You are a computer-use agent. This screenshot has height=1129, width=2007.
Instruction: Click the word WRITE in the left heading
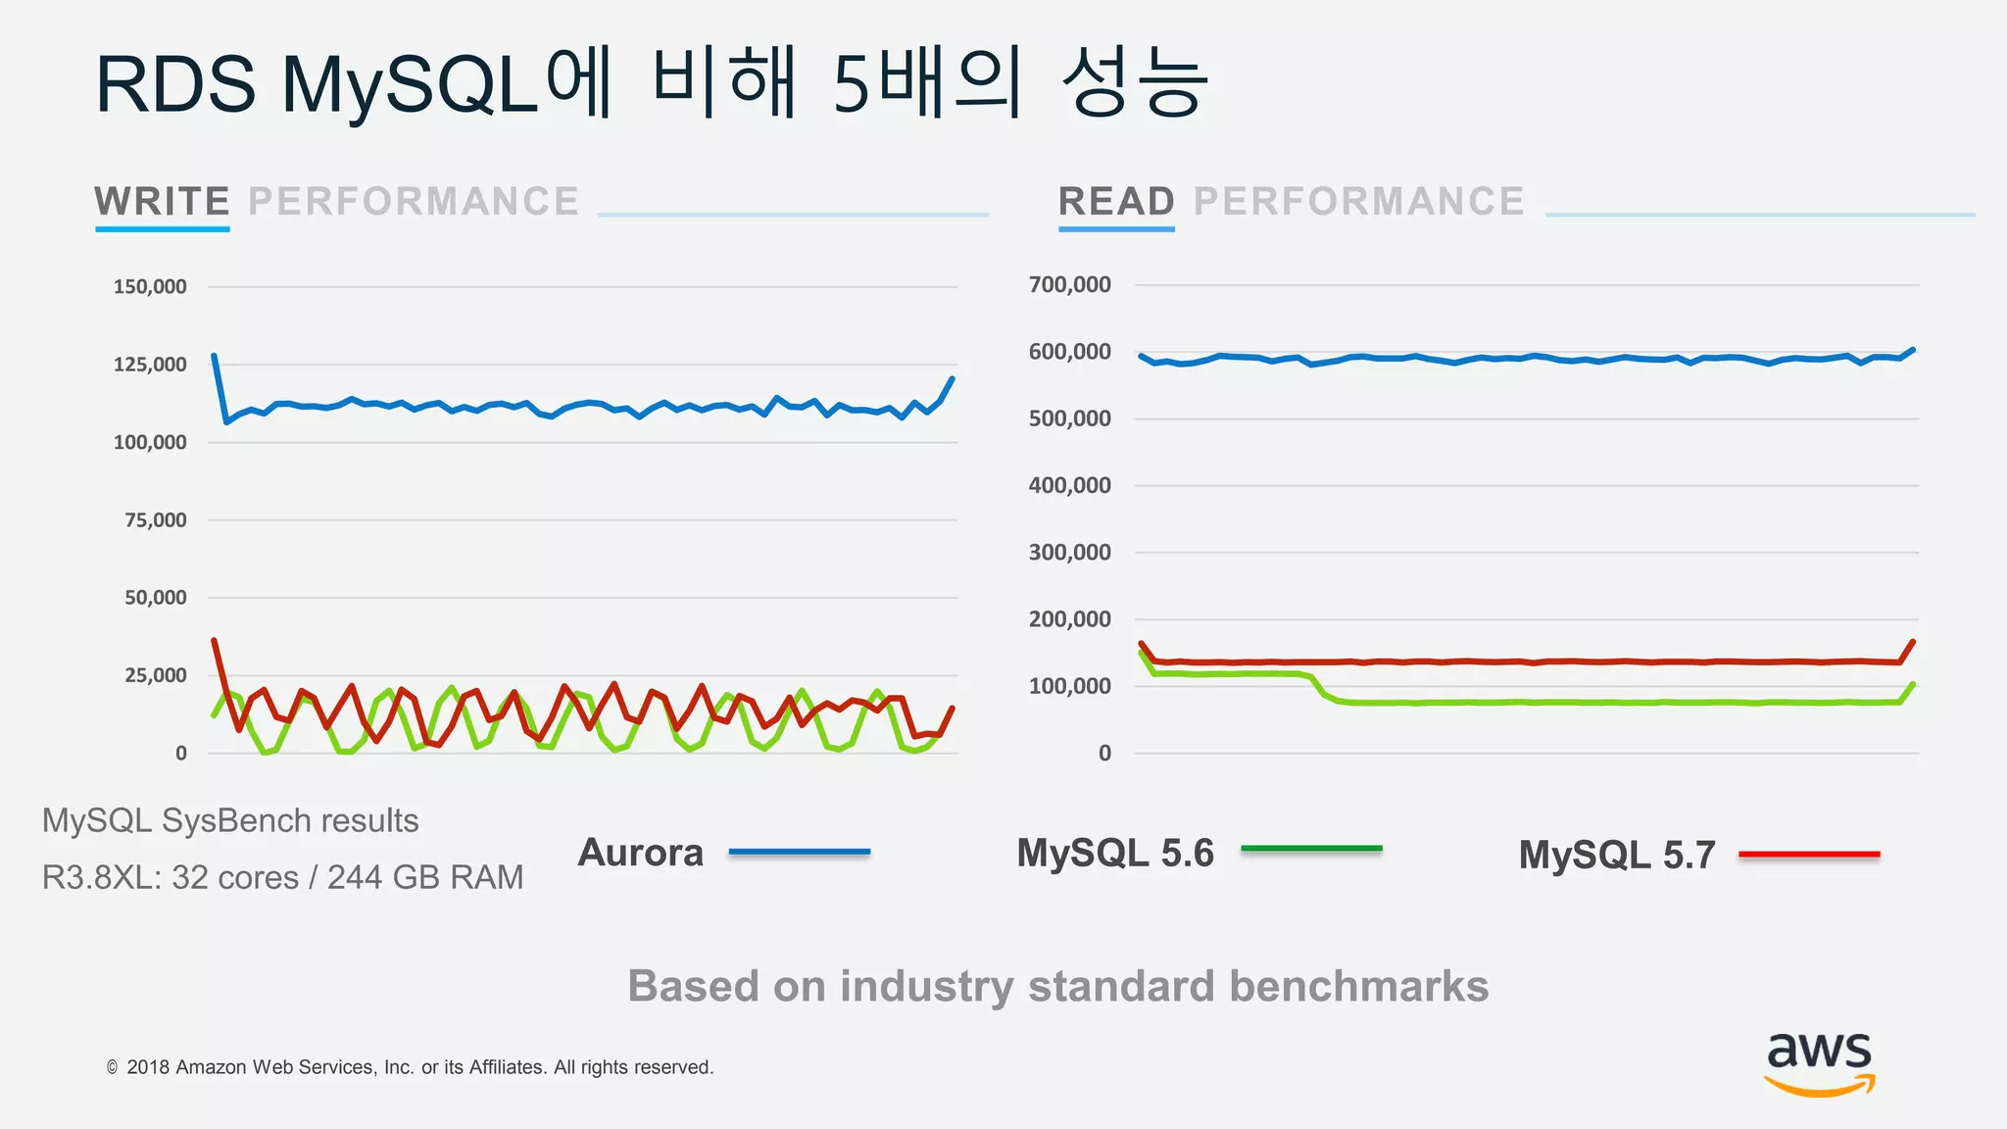[162, 202]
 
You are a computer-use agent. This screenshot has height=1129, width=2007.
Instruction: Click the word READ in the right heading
[1116, 202]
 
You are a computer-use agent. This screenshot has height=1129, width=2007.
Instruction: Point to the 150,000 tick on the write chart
[150, 287]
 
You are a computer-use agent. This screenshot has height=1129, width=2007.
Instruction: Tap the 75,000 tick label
[155, 520]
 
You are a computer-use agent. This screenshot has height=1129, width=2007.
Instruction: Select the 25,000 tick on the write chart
[155, 675]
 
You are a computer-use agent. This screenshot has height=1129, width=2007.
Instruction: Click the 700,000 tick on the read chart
[1069, 285]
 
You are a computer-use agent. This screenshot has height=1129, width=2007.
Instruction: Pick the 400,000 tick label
[1069, 485]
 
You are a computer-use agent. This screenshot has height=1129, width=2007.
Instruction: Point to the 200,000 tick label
[1069, 619]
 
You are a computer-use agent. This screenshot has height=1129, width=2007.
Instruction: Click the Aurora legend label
[641, 853]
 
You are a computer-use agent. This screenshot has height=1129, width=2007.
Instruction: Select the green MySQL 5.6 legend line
[1311, 849]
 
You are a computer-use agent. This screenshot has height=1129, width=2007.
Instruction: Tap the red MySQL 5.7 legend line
[1809, 855]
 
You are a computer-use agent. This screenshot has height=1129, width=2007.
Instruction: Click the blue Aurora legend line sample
[800, 853]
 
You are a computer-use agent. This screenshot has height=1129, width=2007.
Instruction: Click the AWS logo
[1819, 1062]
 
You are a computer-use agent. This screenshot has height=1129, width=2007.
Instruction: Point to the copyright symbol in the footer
[113, 1067]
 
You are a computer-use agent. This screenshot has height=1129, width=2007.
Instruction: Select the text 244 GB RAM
[425, 877]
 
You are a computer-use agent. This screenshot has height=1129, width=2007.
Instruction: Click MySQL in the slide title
[411, 86]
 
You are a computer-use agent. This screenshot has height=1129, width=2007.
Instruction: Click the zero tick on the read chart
[1104, 754]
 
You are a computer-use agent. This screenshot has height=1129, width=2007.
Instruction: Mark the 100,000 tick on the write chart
[150, 443]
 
